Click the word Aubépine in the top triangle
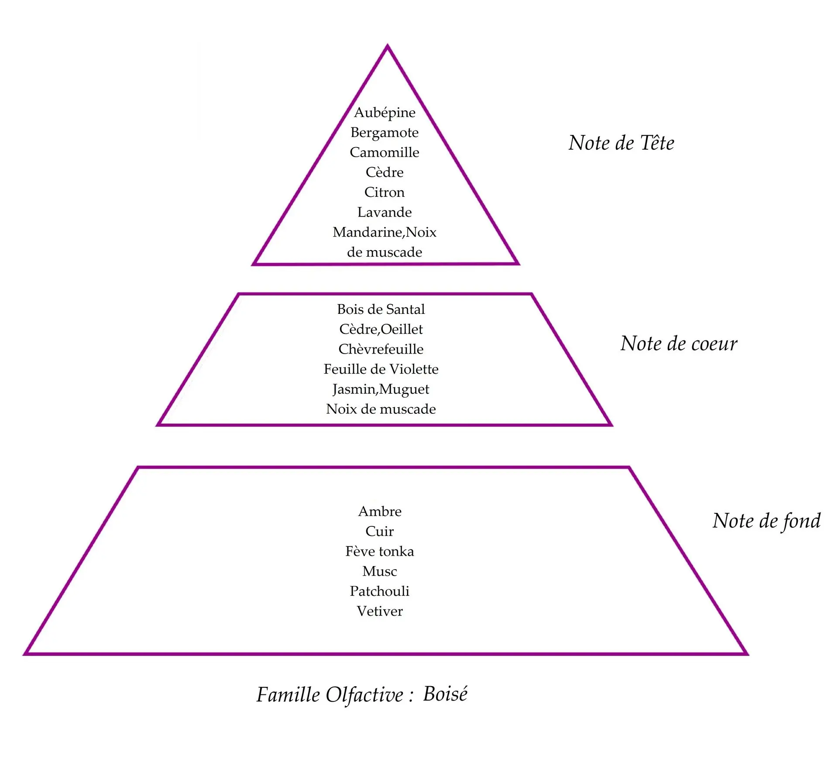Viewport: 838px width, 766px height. click(385, 113)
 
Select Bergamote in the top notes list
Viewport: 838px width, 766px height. click(385, 132)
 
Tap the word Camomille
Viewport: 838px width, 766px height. click(385, 152)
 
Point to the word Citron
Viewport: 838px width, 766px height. click(385, 192)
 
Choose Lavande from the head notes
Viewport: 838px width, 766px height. click(385, 212)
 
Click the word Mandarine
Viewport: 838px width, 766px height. click(367, 232)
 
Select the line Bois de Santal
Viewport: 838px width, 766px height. click(381, 309)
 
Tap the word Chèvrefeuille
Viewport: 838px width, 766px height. click(381, 349)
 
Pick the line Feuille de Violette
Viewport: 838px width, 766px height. click(381, 369)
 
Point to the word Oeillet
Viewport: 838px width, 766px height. click(402, 329)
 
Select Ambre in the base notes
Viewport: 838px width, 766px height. click(380, 511)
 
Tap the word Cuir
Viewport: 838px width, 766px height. click(380, 531)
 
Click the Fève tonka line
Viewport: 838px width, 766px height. click(380, 551)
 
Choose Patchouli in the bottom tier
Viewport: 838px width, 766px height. click(380, 591)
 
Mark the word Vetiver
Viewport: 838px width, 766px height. click(380, 611)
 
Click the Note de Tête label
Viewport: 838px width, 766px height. click(621, 143)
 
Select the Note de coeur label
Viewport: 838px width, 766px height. click(679, 343)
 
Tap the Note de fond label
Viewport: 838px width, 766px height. click(766, 521)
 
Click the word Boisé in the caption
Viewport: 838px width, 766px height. click(445, 694)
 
